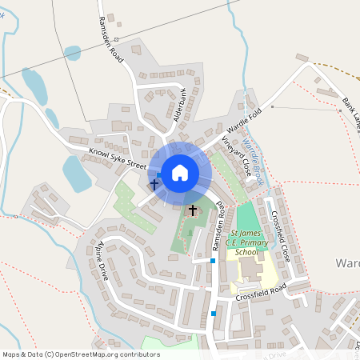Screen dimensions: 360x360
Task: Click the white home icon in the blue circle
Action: point(180,172)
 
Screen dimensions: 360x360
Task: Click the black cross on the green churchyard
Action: point(192,210)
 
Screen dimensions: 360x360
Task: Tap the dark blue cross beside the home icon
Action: point(154,184)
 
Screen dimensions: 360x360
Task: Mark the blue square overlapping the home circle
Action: point(159,174)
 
